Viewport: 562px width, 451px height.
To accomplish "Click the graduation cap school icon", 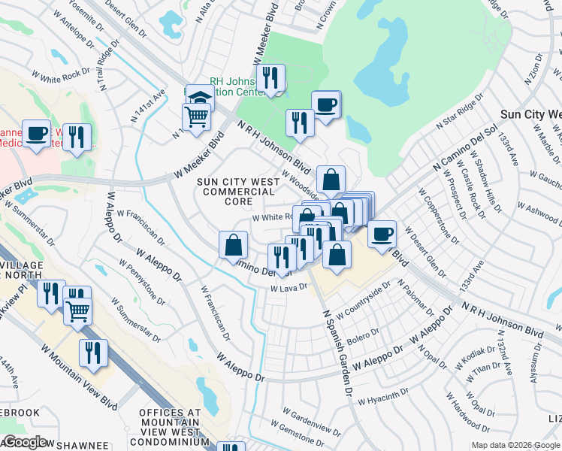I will point(201,98).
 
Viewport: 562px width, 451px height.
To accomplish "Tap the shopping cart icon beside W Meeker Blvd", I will point(196,117).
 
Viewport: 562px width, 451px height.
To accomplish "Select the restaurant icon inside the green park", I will point(270,78).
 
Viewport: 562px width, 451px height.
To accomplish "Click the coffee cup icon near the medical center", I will point(36,133).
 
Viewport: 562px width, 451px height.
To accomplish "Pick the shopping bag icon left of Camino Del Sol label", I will point(233,244).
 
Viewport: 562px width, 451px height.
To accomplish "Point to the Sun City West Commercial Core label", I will point(235,192).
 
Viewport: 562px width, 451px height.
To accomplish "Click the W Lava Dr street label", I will point(289,288).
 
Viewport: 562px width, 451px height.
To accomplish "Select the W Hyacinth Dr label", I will point(382,395).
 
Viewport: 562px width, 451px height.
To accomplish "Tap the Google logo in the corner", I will point(24,442).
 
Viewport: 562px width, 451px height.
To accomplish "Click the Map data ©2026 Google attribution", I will point(515,445).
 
